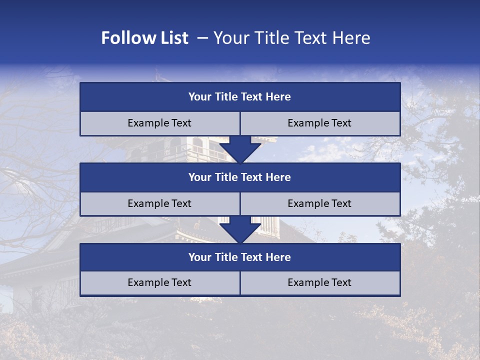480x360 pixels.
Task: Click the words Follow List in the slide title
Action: point(144,38)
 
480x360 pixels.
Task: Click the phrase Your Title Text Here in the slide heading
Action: point(291,38)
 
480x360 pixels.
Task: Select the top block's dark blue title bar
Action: point(240,97)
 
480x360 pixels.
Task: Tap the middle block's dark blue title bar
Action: point(240,177)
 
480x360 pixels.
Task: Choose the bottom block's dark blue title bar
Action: point(240,257)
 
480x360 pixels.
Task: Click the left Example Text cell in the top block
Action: point(159,123)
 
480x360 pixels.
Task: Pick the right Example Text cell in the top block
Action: point(319,123)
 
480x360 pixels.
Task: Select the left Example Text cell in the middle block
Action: point(159,203)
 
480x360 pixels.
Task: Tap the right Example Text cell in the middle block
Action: point(319,203)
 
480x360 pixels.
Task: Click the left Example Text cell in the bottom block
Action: point(159,282)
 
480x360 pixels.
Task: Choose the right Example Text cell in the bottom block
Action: point(319,282)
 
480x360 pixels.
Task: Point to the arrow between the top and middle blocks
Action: point(240,149)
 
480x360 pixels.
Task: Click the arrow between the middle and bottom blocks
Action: point(240,229)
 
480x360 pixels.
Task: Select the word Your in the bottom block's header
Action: point(199,257)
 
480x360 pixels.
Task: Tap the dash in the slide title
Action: point(202,38)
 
